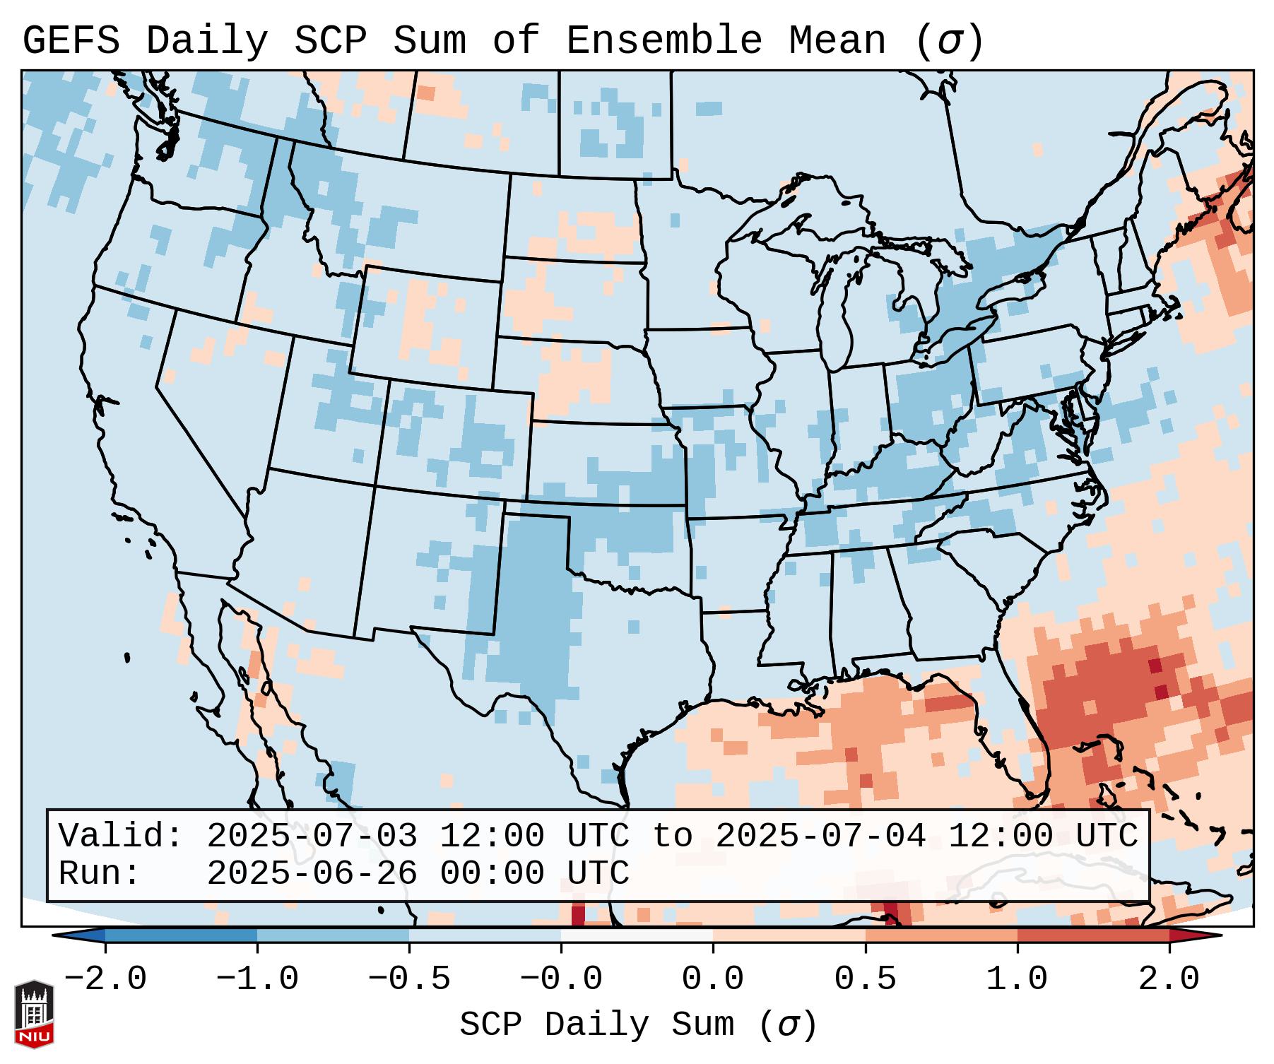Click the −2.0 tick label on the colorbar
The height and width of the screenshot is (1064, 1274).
(105, 979)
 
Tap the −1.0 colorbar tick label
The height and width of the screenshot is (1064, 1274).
(257, 979)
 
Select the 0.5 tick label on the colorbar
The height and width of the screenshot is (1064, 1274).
(866, 979)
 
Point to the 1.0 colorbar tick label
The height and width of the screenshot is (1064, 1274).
(1017, 979)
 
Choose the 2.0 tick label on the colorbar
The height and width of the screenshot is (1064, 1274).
(1169, 979)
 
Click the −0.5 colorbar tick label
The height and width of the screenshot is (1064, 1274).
(409, 979)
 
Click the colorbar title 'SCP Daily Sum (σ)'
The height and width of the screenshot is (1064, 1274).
(638, 1024)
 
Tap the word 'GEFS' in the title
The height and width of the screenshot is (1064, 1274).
(71, 40)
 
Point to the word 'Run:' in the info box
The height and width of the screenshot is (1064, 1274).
(100, 873)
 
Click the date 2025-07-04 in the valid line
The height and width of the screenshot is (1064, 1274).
(820, 836)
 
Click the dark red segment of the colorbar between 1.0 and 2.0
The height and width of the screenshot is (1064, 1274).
(1093, 935)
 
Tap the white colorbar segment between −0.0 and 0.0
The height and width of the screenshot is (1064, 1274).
(637, 935)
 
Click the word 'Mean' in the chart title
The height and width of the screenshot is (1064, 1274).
(837, 40)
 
